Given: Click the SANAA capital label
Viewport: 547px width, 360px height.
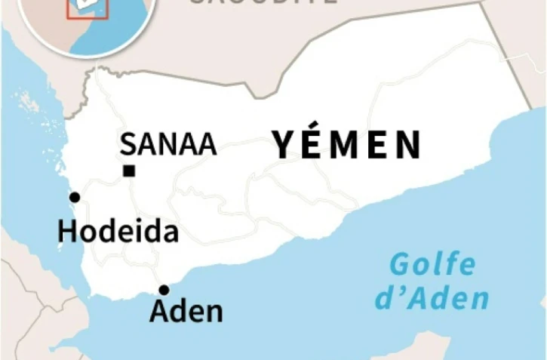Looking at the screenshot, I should pos(168,144).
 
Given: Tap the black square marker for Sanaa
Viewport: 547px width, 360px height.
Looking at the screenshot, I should pos(129,171).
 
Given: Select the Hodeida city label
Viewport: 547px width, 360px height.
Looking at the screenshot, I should pos(118,232).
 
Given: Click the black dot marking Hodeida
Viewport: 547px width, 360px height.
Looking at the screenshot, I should pos(74,198).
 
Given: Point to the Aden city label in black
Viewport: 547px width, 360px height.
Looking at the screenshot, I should pos(186,310).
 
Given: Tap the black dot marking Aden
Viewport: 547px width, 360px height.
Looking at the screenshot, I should pos(164,290).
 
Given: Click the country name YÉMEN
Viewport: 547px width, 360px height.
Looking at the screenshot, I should pos(346,145).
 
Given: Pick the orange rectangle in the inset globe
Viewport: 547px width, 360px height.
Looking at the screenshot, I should pos(88,7).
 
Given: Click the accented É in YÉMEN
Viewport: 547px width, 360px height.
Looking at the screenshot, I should pos(312,143).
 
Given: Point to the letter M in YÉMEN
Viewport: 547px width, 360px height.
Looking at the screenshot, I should pos(344,146).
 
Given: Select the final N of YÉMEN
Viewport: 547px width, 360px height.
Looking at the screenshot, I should pos(407,146).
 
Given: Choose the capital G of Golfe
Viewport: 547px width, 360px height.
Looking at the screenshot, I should pos(400,266).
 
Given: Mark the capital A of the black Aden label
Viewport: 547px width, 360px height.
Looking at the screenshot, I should pos(159,310).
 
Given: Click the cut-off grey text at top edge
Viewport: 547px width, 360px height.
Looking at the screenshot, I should pos(261,2).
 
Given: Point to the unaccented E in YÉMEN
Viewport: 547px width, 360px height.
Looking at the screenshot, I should pos(377,146).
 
